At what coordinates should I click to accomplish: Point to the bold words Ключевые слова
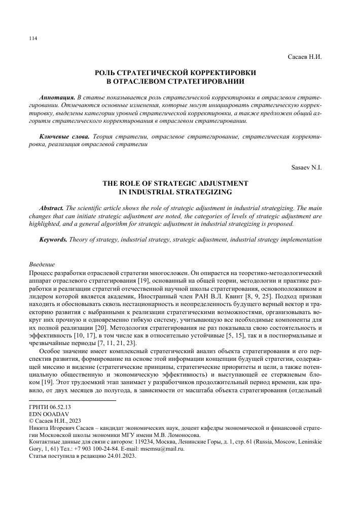[64, 137]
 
